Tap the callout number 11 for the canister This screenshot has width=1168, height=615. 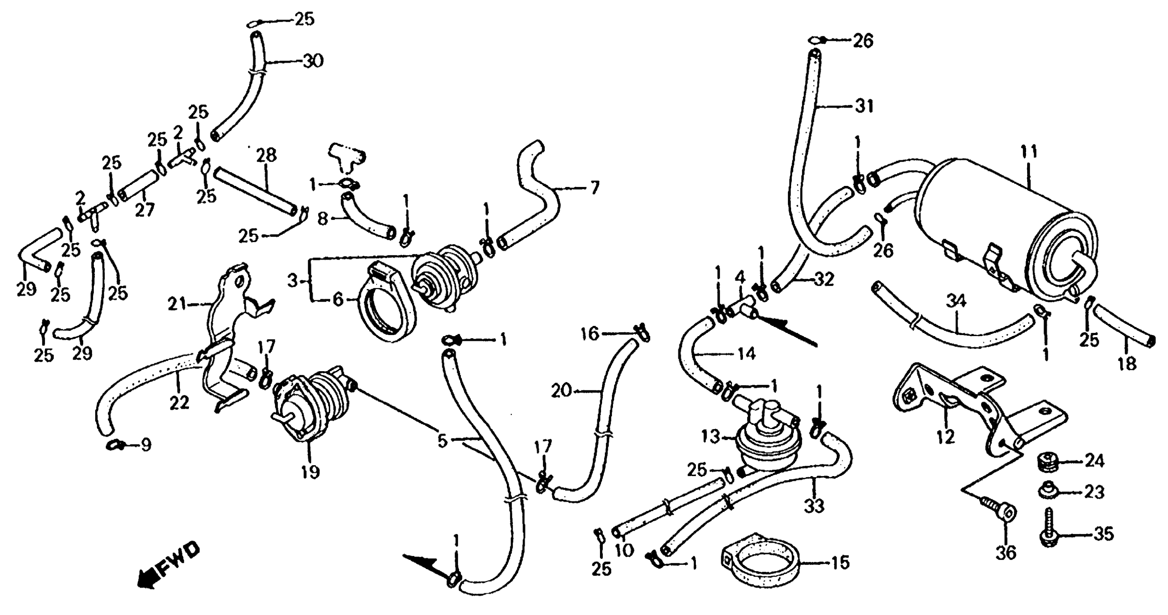tap(1029, 153)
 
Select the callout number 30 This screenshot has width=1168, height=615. tap(312, 61)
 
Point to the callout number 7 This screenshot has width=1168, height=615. tap(594, 187)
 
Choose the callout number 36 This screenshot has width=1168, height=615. tap(1005, 552)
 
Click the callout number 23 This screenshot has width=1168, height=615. tap(1094, 493)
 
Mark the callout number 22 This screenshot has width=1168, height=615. tap(179, 402)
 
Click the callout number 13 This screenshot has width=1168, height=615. tap(710, 437)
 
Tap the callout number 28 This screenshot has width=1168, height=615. tap(266, 156)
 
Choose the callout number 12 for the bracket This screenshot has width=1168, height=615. tap(945, 437)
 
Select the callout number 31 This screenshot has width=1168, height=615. tap(864, 107)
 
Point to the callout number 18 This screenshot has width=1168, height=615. tap(1127, 364)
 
